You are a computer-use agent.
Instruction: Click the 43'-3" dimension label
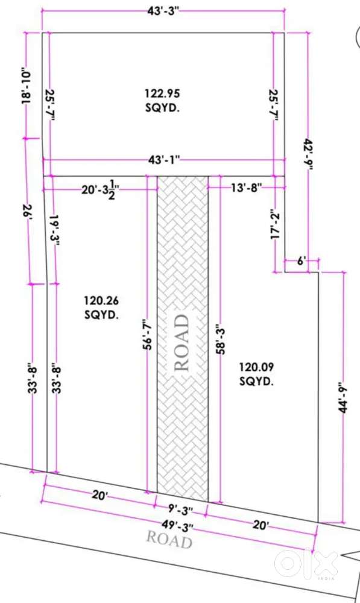[163, 11]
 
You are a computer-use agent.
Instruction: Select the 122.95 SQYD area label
[163, 100]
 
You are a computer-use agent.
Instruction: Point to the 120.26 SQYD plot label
[101, 308]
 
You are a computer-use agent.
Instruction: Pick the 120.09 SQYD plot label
[256, 374]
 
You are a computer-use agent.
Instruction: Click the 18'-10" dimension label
[26, 86]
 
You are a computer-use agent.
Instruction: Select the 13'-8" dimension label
[247, 188]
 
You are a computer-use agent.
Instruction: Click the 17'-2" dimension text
[275, 224]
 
